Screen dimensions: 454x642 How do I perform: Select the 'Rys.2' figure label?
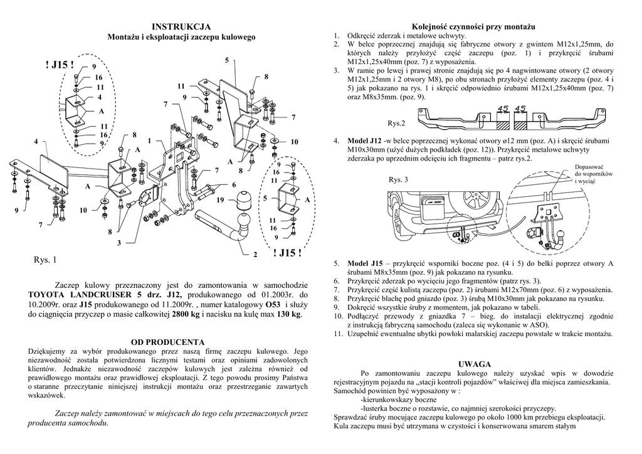click(x=397, y=122)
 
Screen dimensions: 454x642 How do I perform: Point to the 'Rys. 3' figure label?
click(x=398, y=180)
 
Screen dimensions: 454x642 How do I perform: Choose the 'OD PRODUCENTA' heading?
click(x=167, y=342)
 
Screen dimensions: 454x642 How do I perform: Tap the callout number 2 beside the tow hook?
click(x=256, y=255)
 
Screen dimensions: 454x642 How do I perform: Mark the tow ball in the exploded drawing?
click(x=243, y=204)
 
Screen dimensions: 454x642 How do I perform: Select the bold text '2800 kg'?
click(x=186, y=314)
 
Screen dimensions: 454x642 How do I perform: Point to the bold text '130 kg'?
click(x=289, y=314)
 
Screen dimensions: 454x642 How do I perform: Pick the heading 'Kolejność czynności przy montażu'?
click(x=473, y=27)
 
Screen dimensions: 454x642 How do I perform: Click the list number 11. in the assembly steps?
click(x=337, y=334)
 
